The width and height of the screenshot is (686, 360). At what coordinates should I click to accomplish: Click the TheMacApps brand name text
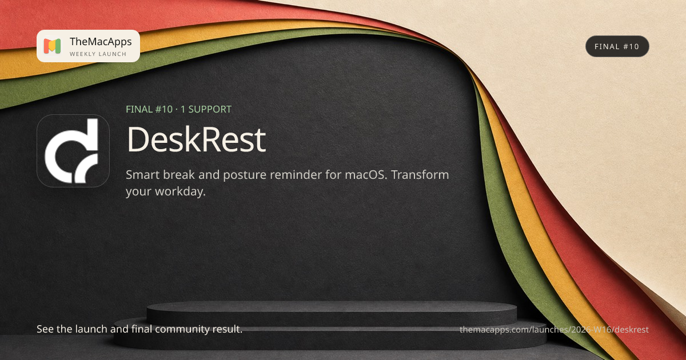[101, 42]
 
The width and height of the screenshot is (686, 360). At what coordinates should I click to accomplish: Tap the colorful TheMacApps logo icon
[52, 46]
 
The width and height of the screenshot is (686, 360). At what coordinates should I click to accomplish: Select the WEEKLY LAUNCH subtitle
[98, 54]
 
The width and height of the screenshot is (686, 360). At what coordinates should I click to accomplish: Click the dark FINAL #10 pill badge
[617, 46]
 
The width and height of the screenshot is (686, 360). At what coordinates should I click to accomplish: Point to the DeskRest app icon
[73, 151]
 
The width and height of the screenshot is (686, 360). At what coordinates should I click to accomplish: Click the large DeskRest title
[196, 139]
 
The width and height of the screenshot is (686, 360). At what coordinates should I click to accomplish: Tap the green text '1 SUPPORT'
[206, 109]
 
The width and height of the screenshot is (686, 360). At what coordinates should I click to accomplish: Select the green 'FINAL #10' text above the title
[149, 109]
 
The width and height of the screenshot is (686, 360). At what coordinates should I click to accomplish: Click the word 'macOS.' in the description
[366, 175]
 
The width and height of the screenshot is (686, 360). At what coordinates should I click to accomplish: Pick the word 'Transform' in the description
[420, 175]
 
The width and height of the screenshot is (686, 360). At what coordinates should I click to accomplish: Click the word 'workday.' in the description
[180, 191]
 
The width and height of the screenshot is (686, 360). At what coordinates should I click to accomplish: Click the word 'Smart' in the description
[143, 175]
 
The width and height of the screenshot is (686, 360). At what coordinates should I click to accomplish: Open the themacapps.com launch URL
[554, 329]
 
